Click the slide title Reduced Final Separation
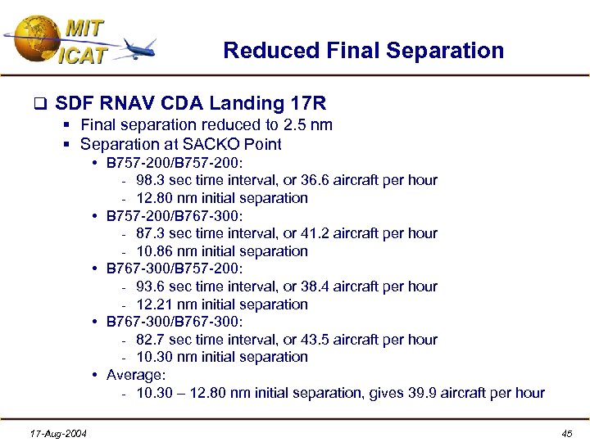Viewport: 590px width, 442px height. coord(363,51)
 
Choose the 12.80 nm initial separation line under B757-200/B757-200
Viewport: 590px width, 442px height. coord(222,198)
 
